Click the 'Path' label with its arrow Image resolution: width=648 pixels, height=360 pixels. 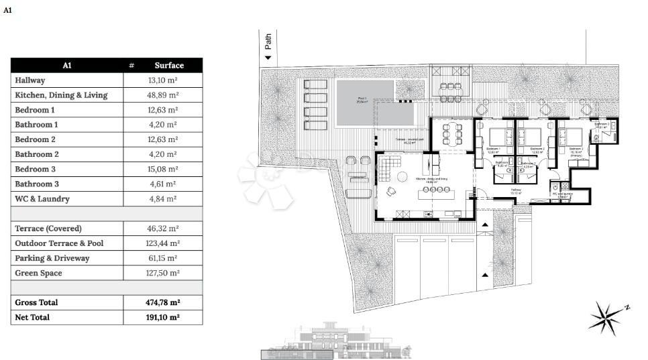[268, 48]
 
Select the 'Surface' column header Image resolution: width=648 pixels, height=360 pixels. [168, 65]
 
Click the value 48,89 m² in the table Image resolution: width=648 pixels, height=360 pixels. [162, 95]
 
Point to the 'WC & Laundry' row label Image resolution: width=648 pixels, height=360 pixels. [42, 199]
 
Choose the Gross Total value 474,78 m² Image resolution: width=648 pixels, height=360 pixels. [162, 302]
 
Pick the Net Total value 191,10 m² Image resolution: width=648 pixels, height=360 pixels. [162, 317]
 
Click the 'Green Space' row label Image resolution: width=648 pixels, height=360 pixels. [38, 273]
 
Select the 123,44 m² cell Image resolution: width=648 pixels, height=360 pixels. [162, 243]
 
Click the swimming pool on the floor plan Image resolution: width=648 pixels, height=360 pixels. [366, 103]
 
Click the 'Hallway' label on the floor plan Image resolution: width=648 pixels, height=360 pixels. [516, 190]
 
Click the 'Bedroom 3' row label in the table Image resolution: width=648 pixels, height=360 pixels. [35, 170]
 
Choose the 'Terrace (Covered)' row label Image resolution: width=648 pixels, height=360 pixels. [48, 229]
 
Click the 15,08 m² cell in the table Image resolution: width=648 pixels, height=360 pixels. [162, 170]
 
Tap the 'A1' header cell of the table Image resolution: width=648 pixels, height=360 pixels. [67, 65]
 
